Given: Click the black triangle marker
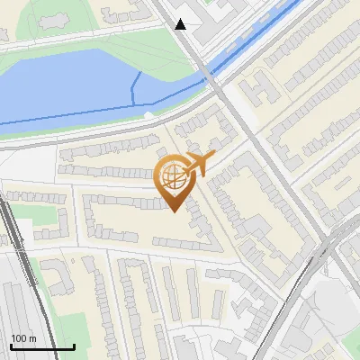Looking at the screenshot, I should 181,24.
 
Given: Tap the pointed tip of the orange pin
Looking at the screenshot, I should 172,211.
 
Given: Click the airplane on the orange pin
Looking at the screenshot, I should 199,165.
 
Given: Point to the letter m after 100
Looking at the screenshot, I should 32,338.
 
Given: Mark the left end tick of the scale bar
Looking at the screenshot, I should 11,346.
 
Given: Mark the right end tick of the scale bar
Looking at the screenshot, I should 74,346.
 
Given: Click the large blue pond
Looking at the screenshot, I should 72,85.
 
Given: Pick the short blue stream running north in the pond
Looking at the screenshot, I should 136,85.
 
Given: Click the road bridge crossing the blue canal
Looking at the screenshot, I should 211,76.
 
